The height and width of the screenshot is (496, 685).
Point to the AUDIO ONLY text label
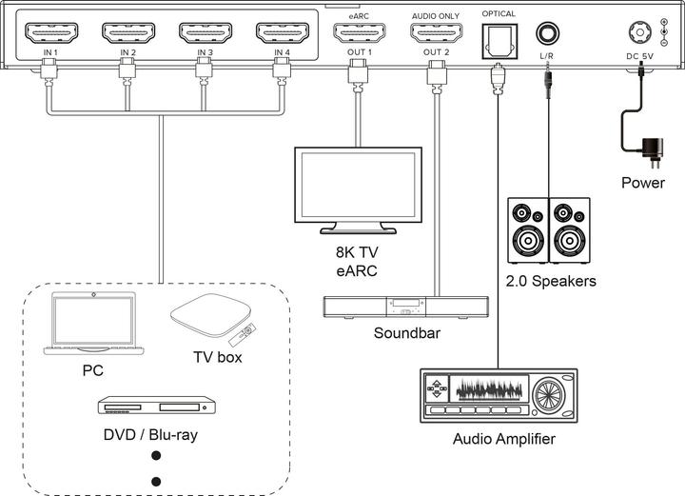click(x=437, y=15)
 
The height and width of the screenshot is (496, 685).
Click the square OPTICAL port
click(x=498, y=36)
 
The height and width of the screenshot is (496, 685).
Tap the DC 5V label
click(x=639, y=55)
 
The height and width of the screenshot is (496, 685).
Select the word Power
click(x=643, y=183)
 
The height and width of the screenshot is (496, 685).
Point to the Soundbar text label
click(x=406, y=333)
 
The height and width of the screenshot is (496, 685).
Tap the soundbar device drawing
click(x=406, y=307)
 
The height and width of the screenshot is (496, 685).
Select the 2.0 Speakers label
click(x=551, y=281)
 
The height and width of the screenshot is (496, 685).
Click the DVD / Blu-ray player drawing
click(x=152, y=407)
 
